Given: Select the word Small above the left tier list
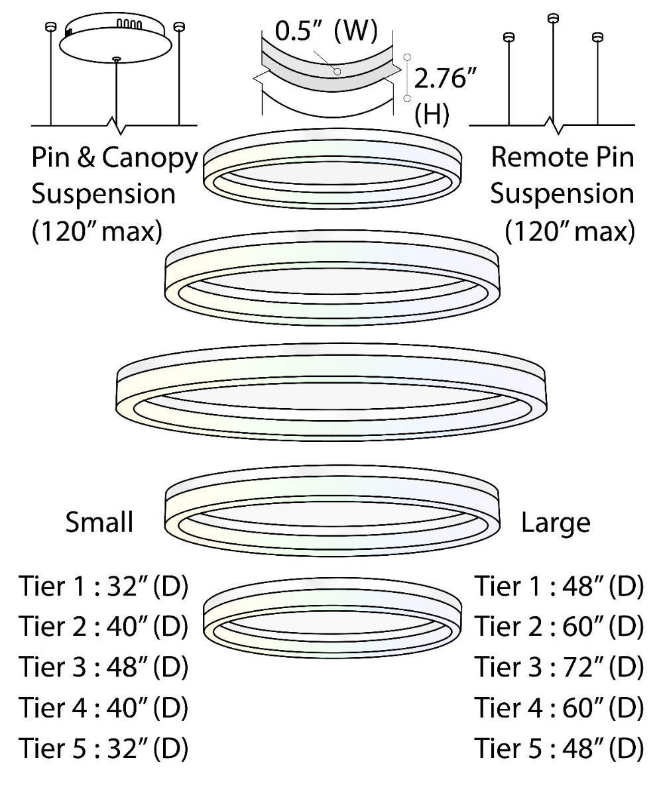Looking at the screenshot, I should tap(99, 522).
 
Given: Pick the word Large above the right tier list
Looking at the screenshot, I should tap(556, 522).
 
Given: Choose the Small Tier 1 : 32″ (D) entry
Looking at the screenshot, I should tap(103, 587).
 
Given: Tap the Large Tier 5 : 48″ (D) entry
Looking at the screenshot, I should tap(558, 749).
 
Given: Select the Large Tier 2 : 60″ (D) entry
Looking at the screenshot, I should tap(558, 627).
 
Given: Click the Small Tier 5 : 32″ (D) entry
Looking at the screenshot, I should tap(103, 749).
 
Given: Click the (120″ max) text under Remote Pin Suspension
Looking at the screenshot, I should tap(570, 233).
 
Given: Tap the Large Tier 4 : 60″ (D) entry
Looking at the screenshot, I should tap(558, 708).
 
